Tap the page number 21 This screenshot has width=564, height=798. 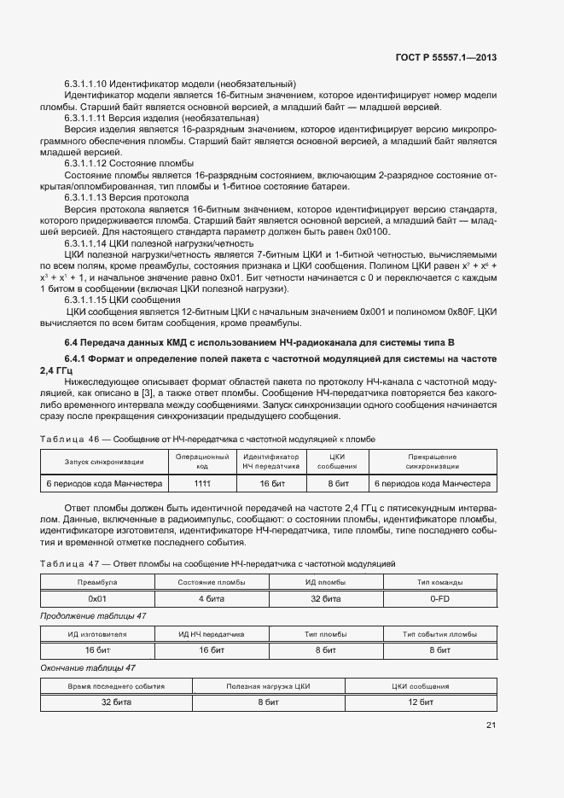(x=491, y=725)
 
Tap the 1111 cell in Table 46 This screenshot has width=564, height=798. (x=202, y=483)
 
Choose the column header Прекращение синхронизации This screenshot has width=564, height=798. (x=432, y=462)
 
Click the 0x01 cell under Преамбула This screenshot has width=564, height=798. (x=96, y=598)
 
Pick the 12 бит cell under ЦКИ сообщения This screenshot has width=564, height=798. (x=421, y=702)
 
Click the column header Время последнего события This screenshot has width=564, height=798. (x=116, y=686)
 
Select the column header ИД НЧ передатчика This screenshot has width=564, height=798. (x=211, y=634)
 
